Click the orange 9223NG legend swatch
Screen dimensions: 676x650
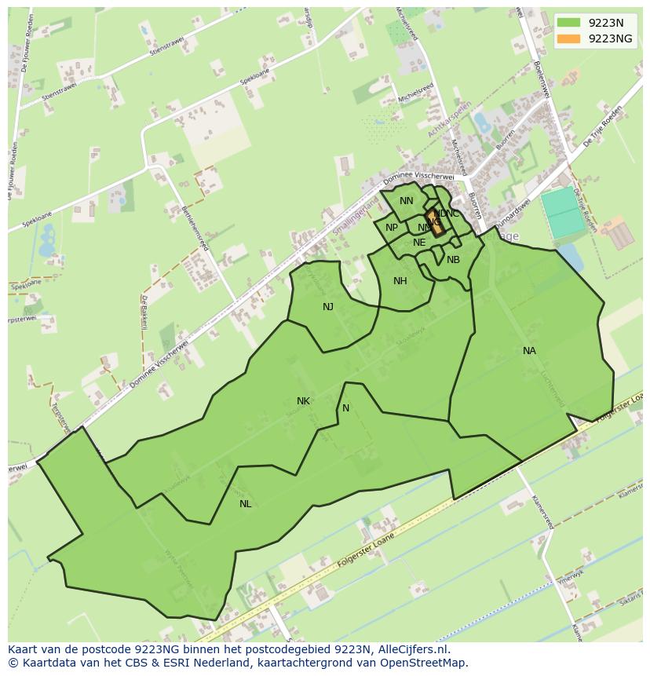(570, 38)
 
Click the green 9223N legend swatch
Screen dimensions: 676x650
(570, 22)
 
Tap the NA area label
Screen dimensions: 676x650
(529, 351)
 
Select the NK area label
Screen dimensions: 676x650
(303, 401)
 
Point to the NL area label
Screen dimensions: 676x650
(245, 504)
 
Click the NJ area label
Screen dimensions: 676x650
(328, 307)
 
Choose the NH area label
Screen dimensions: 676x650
(400, 281)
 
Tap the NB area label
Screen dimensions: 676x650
(453, 260)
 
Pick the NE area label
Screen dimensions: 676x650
(419, 243)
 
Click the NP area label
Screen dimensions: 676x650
(392, 228)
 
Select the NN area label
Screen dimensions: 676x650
(406, 201)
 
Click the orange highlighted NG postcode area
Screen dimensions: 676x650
(436, 222)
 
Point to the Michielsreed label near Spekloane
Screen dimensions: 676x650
(415, 92)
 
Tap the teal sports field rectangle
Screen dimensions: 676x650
(564, 211)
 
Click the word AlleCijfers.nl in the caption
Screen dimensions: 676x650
(411, 650)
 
